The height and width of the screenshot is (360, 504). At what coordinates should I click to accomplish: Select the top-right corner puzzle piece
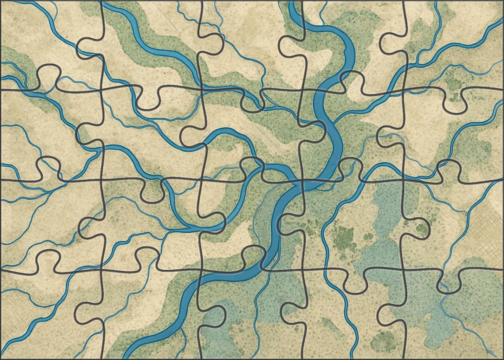click(x=457, y=42)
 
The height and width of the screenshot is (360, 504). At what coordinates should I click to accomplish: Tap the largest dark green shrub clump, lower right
click(x=343, y=237)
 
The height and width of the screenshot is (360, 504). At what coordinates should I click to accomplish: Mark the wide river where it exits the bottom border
click(x=132, y=355)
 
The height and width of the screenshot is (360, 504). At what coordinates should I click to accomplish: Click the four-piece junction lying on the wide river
click(x=303, y=181)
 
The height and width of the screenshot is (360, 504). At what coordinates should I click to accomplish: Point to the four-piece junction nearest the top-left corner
click(x=102, y=90)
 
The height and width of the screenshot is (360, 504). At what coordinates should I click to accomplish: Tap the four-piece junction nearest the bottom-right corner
click(x=404, y=269)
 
